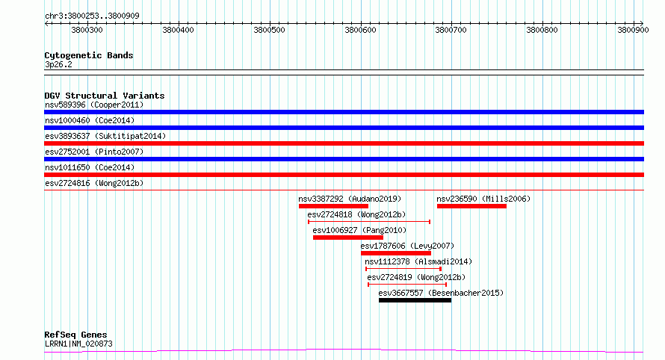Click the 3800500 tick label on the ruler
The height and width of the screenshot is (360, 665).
tap(269, 30)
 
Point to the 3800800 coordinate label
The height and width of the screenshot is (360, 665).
tap(542, 30)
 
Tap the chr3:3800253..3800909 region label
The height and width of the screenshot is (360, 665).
tap(92, 16)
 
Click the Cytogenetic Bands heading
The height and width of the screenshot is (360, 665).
tap(89, 55)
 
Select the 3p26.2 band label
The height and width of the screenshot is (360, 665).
tap(58, 64)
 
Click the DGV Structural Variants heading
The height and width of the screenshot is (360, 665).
tap(105, 96)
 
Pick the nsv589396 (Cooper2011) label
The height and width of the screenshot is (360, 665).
tap(94, 105)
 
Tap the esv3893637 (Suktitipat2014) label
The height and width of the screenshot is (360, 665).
tap(105, 136)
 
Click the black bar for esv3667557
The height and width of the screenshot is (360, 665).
tap(415, 300)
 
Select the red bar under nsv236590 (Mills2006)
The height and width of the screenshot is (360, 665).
tap(471, 206)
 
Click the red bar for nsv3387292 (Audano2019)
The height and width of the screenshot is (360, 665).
tap(333, 206)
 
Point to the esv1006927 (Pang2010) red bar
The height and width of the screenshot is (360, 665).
tap(347, 238)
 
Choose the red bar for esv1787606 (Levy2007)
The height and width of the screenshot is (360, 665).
tap(396, 253)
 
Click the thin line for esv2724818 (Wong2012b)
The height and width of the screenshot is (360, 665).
tap(369, 222)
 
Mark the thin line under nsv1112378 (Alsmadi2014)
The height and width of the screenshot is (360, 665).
tap(403, 269)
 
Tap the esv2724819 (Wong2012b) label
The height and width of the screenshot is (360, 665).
tap(416, 277)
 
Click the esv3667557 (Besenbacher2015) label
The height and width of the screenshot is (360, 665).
tap(441, 293)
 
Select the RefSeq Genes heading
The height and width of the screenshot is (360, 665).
tap(75, 335)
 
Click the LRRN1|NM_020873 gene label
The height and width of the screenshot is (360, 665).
tap(78, 344)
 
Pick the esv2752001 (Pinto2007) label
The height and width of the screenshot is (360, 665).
tap(94, 152)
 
